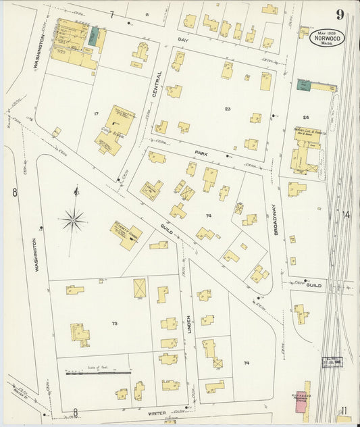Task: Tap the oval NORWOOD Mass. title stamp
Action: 328,38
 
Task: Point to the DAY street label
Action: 180,40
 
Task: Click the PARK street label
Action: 199,153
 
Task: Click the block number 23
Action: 228,108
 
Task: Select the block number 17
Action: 97,113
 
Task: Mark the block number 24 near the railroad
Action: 305,116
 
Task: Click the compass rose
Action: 73,218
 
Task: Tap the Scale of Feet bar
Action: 99,372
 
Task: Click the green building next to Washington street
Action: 93,36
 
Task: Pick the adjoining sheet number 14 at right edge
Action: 346,215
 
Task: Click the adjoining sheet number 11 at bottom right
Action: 344,410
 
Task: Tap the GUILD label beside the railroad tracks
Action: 314,285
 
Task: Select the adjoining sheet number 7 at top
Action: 111,14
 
